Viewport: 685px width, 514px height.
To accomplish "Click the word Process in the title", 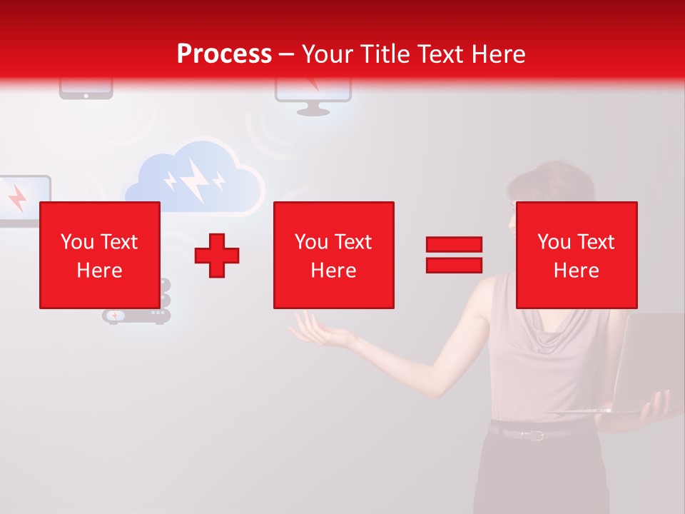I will click(224, 54).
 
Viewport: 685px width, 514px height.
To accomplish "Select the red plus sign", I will click(217, 255).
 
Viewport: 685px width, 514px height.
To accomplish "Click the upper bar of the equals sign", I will click(454, 245).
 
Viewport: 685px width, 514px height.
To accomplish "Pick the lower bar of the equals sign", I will click(454, 265).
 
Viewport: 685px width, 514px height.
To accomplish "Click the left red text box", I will click(99, 255).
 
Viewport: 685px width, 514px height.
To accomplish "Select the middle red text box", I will click(333, 255).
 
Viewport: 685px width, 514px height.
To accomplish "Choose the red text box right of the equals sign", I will click(576, 255).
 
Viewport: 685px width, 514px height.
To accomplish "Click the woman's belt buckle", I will click(534, 434).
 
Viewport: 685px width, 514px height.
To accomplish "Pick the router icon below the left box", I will click(135, 315).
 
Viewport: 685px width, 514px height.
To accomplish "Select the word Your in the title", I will click(327, 54).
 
